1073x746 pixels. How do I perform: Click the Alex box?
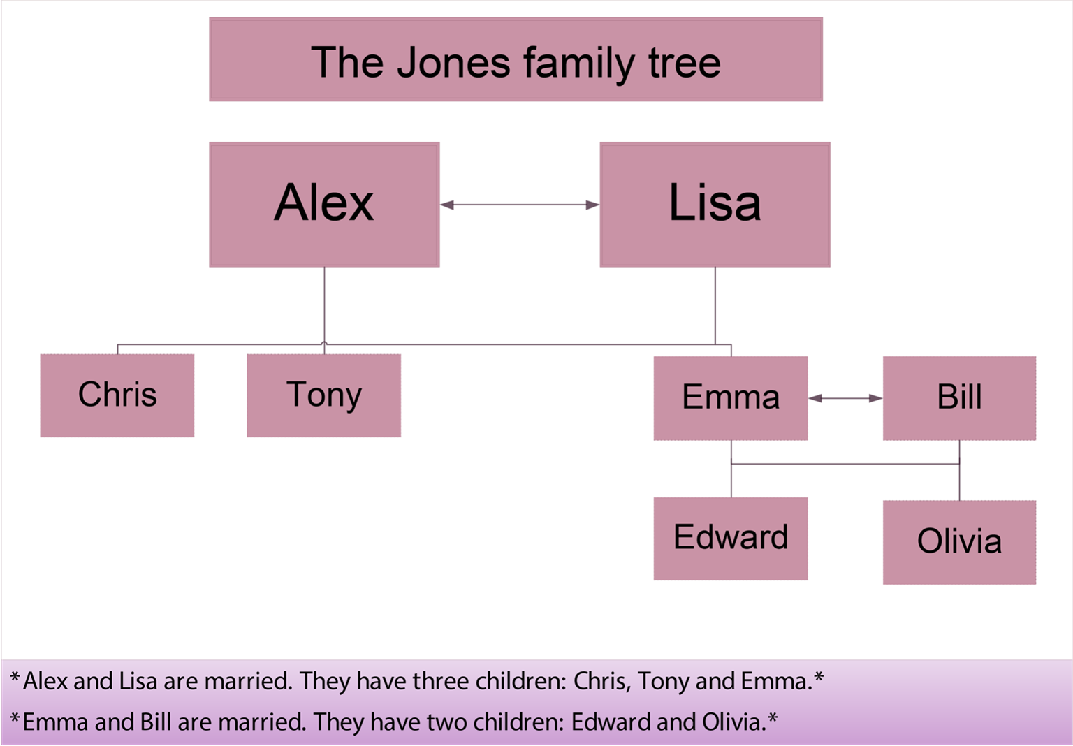tap(324, 204)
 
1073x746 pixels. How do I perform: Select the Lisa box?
tap(715, 204)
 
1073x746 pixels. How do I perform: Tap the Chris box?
tap(117, 395)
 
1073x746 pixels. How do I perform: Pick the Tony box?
tap(323, 395)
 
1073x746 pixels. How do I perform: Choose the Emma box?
tap(730, 398)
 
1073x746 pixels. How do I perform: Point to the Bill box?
tap(959, 398)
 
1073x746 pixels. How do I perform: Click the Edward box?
tap(730, 539)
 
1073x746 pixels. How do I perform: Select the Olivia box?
tap(959, 542)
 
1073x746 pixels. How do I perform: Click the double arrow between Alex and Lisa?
tap(520, 205)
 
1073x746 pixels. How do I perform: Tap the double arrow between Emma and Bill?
tap(845, 398)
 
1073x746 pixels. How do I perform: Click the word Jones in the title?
tap(454, 63)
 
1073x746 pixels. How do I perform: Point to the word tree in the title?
tap(684, 63)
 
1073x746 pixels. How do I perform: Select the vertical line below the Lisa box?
tap(715, 305)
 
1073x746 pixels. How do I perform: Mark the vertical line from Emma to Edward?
tap(731, 481)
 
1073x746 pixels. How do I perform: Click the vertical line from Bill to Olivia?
tap(959, 482)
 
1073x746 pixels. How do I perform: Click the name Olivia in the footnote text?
tap(733, 722)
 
